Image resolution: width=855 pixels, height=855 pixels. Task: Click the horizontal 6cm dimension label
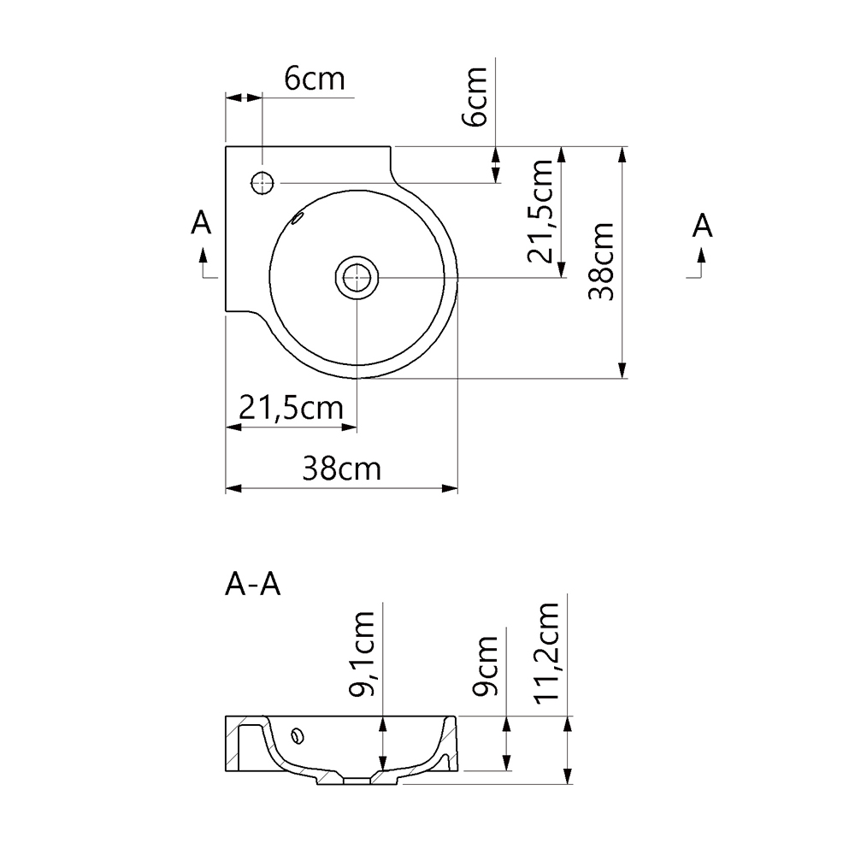pos(314,80)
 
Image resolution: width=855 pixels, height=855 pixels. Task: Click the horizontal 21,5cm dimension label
pos(291,409)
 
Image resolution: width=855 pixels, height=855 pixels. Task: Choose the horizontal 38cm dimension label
pos(341,469)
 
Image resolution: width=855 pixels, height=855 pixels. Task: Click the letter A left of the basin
pos(201,223)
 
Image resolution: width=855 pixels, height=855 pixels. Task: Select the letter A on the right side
pos(702,226)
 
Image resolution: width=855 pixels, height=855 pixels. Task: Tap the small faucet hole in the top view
pos(262,182)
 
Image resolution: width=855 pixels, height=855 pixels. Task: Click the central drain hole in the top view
pos(355,277)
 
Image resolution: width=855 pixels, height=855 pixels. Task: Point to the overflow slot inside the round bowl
pos(298,218)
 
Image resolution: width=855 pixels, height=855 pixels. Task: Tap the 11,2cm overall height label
pos(547,652)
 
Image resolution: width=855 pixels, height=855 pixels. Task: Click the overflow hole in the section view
pos(298,734)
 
